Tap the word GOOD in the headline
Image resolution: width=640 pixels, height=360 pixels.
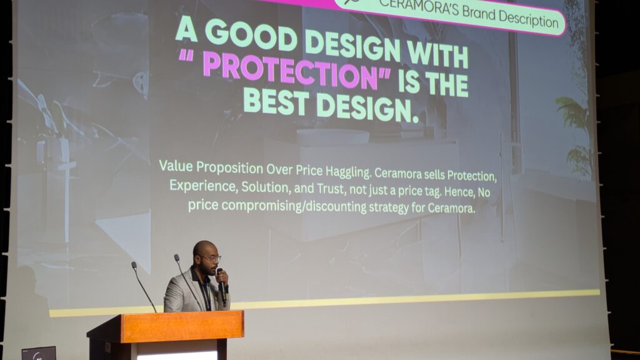[x=251, y=36]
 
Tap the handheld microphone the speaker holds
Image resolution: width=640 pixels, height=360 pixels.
[x=222, y=286]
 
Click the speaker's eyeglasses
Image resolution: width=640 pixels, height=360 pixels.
[x=211, y=258]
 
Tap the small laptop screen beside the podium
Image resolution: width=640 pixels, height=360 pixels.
[x=39, y=354]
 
